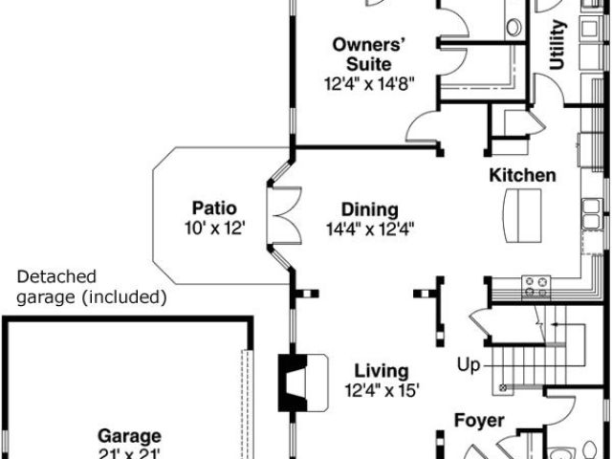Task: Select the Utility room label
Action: [x=558, y=46]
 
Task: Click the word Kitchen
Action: [x=522, y=175]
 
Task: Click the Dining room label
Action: [x=371, y=209]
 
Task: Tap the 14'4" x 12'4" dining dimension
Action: [x=371, y=229]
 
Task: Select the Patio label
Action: [x=214, y=208]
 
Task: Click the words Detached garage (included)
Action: [x=92, y=286]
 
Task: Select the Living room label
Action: [x=382, y=371]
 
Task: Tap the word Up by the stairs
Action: [x=469, y=365]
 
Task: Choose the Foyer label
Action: [x=478, y=421]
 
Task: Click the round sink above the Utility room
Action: [x=514, y=26]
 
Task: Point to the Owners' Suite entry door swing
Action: [x=421, y=126]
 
